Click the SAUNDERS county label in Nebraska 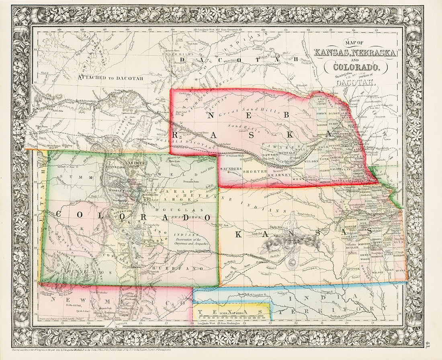231,169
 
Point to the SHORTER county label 256,172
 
